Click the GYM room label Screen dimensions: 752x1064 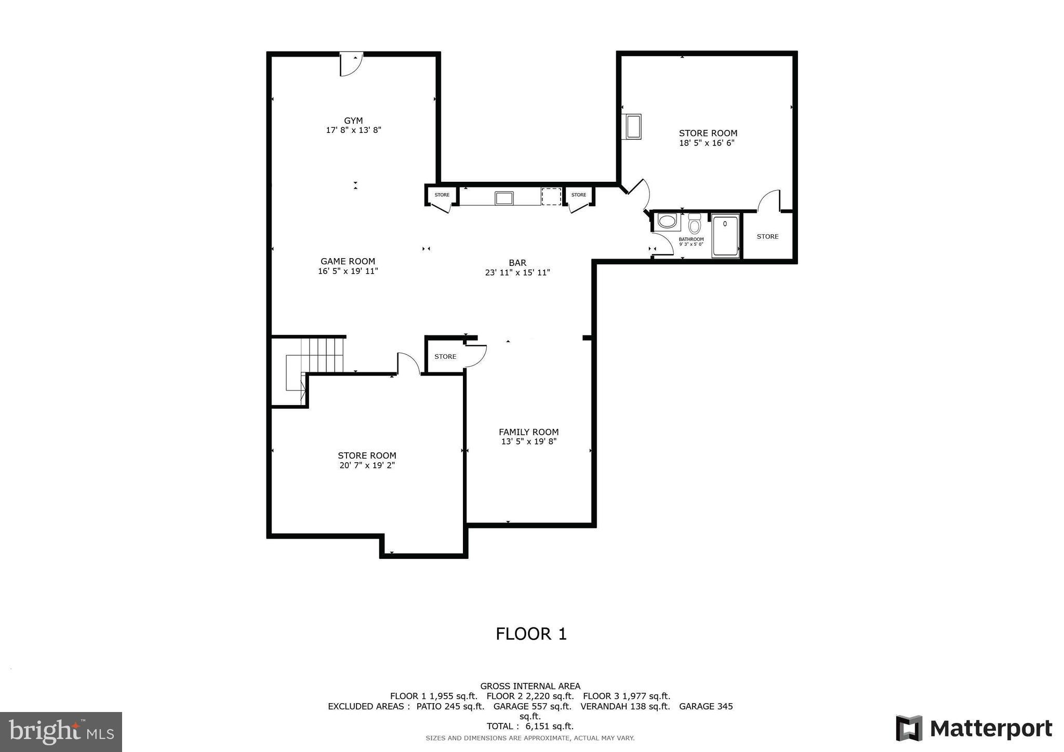pos(353,120)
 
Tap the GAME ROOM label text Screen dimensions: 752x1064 pos(348,261)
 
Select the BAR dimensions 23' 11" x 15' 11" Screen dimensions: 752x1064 pos(517,272)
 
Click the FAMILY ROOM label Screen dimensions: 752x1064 pos(528,432)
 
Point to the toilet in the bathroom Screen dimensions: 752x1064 pos(695,225)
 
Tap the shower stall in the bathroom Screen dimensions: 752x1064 pos(725,236)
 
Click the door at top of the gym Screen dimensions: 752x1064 pos(351,65)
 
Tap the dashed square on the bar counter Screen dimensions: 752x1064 pos(551,197)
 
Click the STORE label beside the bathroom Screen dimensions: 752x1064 pos(767,236)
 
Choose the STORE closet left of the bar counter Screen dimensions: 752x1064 pos(442,195)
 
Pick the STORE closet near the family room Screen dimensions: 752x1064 pos(445,356)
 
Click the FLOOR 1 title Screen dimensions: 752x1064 pos(531,634)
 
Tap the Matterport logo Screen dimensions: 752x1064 pos(974,728)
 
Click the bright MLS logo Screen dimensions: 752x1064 pos(61,732)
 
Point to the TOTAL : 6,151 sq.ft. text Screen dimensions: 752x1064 pos(530,726)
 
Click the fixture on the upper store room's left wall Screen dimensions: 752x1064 pos(633,126)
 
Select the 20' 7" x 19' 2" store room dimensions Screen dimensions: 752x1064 pos(367,465)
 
